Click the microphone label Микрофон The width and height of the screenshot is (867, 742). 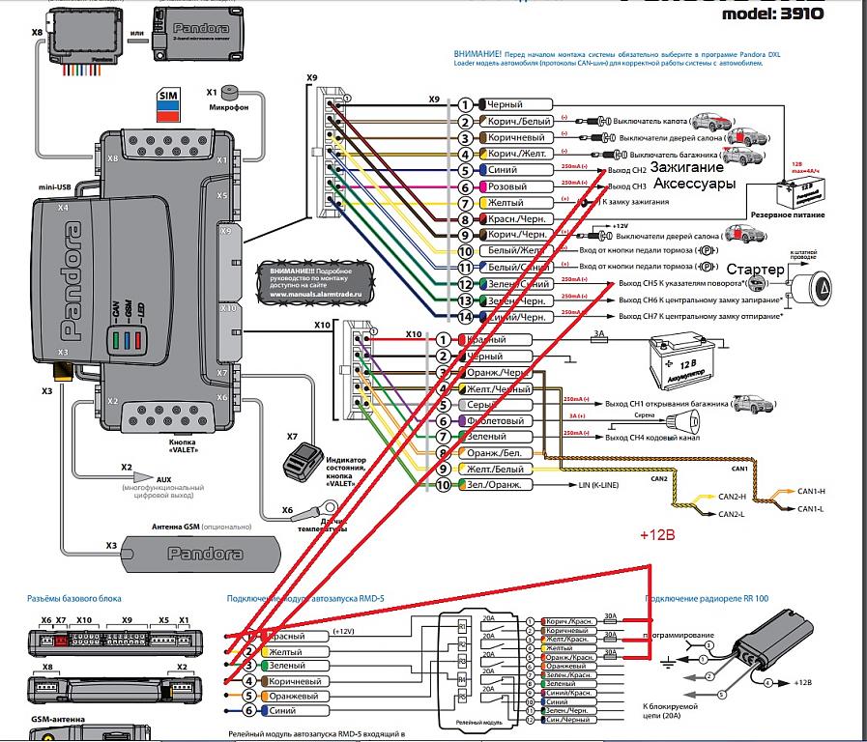click(x=229, y=108)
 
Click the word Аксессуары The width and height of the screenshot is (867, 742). click(x=696, y=184)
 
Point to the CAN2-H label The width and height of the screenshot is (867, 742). click(x=735, y=497)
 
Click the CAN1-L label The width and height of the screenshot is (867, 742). click(x=810, y=507)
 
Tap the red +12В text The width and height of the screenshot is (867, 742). click(x=659, y=533)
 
